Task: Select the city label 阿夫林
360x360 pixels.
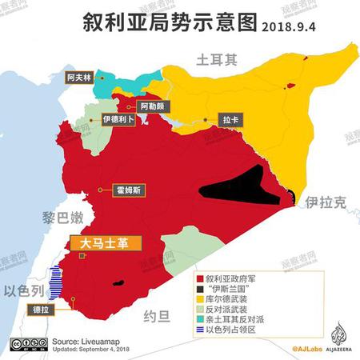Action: pos(80,77)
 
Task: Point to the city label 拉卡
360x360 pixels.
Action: pos(230,119)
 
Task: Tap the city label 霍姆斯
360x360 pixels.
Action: pos(130,190)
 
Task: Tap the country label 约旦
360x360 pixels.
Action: pos(155,316)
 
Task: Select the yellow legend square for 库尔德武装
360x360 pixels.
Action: pos(200,298)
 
